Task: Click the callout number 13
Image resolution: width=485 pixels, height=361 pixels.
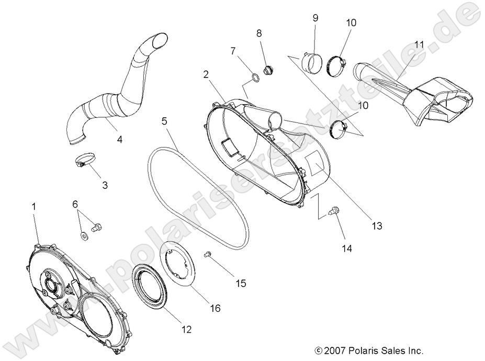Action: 377,226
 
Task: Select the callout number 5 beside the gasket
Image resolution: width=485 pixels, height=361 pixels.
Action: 164,121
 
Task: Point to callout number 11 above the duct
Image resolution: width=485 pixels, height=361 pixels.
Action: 419,45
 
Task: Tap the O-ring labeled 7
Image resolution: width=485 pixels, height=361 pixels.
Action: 255,78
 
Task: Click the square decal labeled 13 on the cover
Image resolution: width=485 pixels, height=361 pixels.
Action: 316,164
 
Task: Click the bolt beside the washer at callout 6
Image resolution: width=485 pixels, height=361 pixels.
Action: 97,228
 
